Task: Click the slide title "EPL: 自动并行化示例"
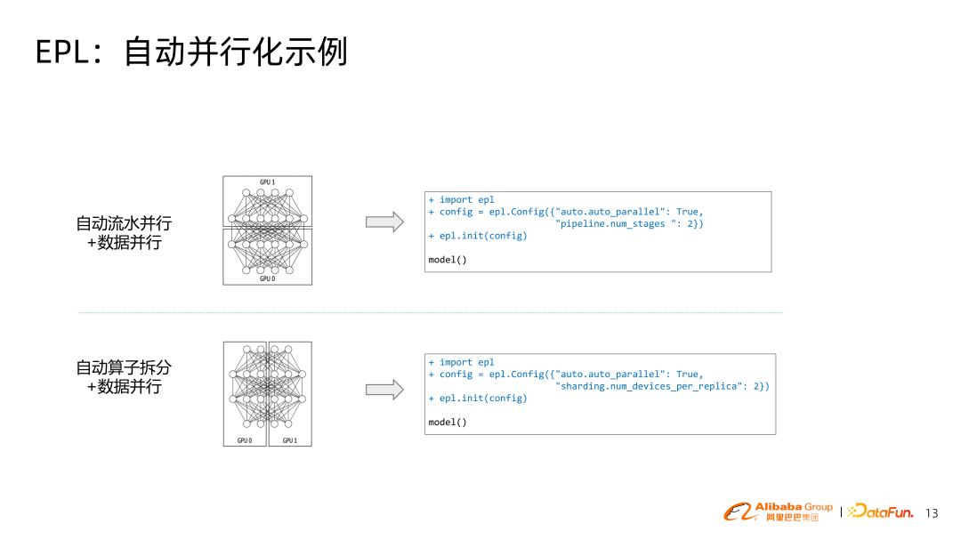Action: [191, 52]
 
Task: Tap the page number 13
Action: [932, 513]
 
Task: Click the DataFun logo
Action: [880, 511]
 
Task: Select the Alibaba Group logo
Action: [778, 511]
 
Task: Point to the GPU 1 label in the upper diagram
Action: [267, 182]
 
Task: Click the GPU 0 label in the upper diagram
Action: [267, 278]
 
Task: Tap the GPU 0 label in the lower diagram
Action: [245, 440]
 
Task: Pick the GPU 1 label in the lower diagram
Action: [290, 440]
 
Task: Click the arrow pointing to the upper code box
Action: [385, 222]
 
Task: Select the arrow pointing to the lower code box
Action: [385, 389]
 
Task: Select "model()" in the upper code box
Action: [448, 260]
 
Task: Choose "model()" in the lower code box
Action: [448, 422]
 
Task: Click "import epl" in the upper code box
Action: [466, 200]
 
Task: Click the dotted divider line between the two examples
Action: [430, 313]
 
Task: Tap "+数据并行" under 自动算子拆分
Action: [124, 388]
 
